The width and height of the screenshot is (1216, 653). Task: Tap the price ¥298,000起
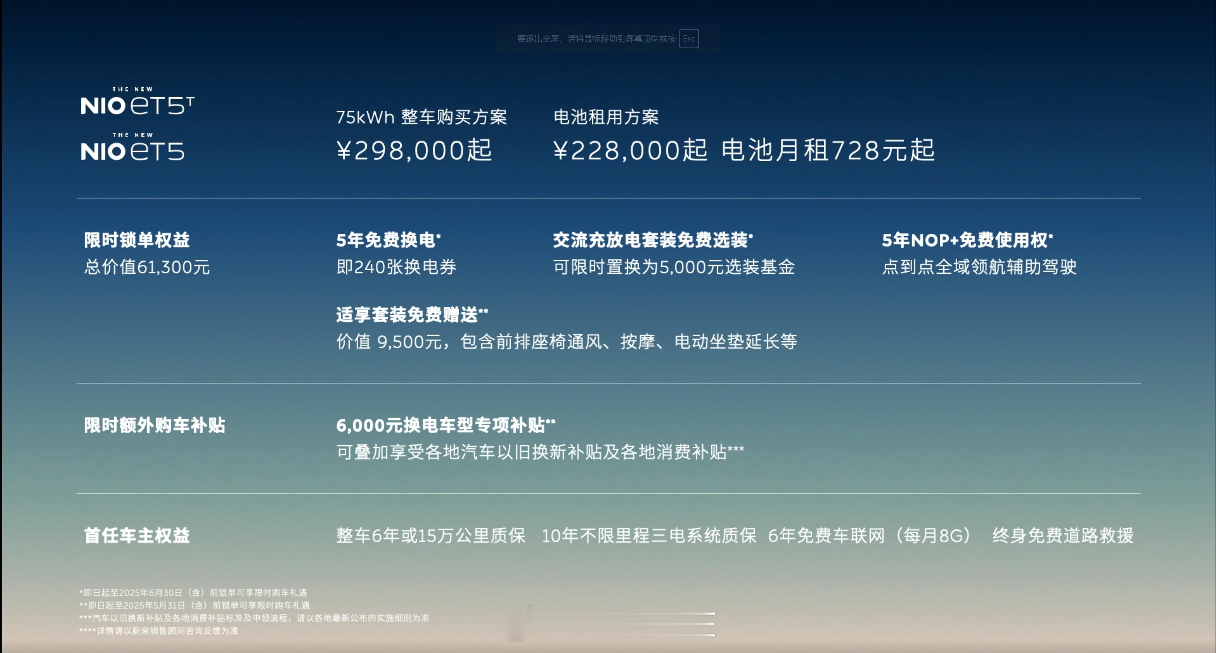(414, 150)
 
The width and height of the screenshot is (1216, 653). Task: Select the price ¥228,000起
(630, 150)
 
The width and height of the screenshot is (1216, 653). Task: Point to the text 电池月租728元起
(828, 150)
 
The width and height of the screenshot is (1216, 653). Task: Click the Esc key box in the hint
(689, 39)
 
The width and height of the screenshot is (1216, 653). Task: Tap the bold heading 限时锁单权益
(137, 240)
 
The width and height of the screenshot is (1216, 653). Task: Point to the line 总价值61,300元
(147, 267)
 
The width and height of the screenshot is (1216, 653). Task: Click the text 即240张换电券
(396, 267)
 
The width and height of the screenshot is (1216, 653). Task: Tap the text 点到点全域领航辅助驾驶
(979, 267)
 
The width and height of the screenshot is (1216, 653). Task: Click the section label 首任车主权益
(137, 535)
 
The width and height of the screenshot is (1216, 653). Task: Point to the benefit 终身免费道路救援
(1063, 535)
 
